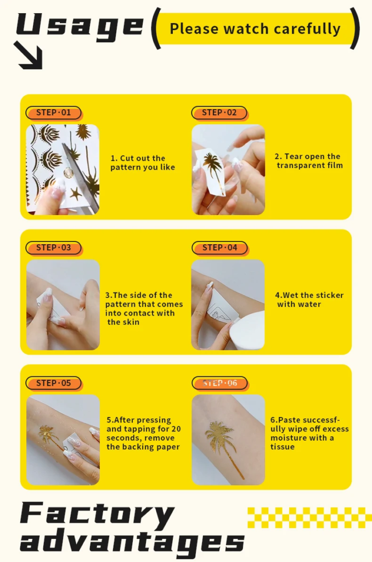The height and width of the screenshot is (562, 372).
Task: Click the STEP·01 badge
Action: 53,113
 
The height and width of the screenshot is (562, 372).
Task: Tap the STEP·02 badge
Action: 219,113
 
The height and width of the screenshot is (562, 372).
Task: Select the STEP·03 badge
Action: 53,248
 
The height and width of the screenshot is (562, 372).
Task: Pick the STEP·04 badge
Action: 219,248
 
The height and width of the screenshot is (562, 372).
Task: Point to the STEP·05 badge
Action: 53,383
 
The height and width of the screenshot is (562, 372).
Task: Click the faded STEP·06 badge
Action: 219,383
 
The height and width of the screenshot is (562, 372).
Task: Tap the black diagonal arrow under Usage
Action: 29,55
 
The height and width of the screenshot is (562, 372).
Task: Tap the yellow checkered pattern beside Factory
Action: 309,518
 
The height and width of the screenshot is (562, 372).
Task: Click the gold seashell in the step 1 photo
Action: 69,173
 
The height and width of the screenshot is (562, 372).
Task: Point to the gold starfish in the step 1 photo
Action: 76,194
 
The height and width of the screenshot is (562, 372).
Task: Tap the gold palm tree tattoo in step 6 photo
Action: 222,446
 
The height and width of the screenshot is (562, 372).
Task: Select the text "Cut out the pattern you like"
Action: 143,162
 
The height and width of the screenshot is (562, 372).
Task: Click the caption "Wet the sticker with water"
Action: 309,300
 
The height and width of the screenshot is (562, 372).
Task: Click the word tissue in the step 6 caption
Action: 283,447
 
